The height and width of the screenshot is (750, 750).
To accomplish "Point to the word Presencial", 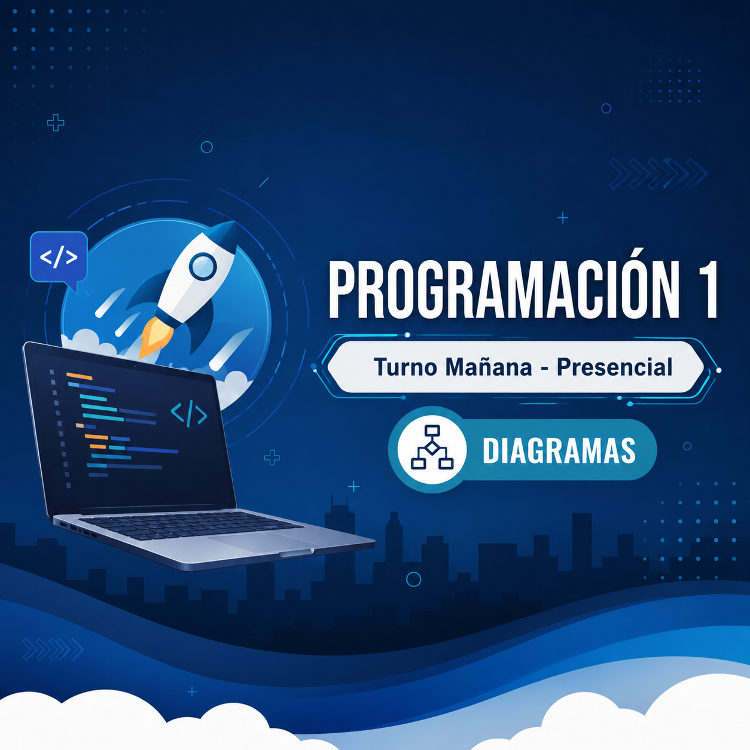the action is point(615,367).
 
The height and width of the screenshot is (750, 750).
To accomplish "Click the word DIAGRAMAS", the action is point(559,451).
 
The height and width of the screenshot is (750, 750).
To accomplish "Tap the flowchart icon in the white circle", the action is point(432,447).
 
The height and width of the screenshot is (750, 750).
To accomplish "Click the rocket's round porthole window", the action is point(203,267).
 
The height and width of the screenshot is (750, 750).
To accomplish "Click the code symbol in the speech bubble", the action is point(59,257).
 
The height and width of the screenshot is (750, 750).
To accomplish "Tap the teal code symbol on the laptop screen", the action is point(189,413).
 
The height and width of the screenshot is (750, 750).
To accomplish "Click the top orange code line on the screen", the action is point(80,376).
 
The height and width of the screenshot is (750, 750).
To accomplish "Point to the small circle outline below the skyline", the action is point(413,580).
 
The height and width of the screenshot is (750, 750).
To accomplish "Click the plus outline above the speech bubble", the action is point(56,123).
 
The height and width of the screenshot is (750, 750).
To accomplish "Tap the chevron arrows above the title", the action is point(658,173).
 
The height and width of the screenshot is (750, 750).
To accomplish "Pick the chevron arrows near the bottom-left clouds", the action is point(53,650).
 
